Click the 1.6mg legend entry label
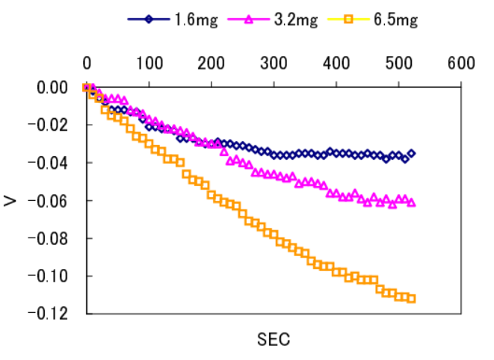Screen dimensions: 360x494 (x=197, y=20)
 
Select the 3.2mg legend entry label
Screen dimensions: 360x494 (x=296, y=20)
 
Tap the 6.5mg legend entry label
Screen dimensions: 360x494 (x=395, y=20)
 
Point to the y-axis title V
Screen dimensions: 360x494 (x=11, y=200)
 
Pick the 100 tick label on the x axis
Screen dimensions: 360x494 (x=149, y=63)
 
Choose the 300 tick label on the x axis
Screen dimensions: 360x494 (x=274, y=63)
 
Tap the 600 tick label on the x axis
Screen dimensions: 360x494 (x=461, y=63)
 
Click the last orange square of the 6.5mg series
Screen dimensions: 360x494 (x=411, y=299)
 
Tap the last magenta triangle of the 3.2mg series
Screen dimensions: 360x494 (x=411, y=202)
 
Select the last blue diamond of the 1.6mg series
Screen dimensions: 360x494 (x=411, y=153)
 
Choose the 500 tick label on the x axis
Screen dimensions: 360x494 (x=398, y=63)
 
